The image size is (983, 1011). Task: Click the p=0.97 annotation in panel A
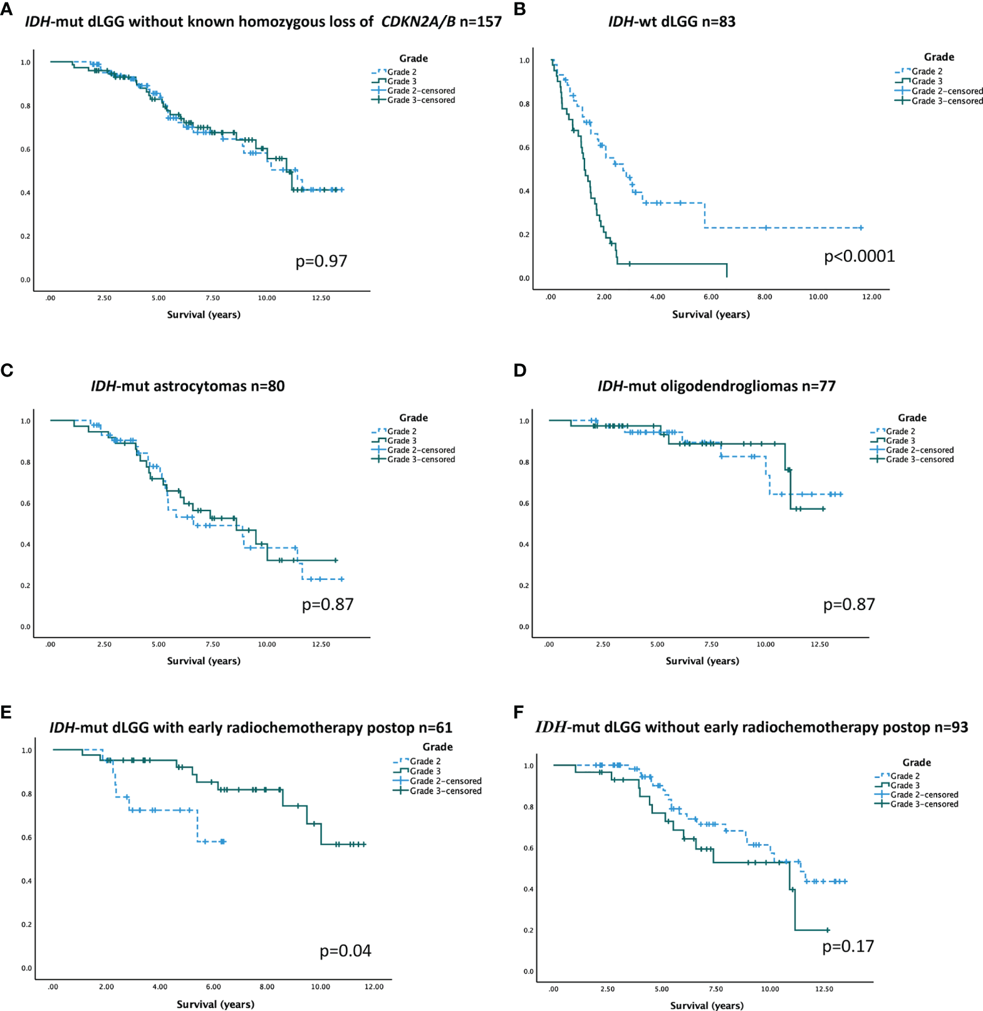point(321,261)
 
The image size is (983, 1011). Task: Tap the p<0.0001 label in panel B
point(859,256)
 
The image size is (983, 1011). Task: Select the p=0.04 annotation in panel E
point(345,951)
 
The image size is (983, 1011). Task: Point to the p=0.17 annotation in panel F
point(848,946)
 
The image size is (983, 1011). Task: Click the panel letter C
point(7,370)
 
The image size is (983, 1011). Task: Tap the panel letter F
point(518,713)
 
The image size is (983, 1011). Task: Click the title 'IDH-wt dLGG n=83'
point(672,22)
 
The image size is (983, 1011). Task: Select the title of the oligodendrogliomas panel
point(716,386)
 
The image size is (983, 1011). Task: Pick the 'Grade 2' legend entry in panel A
point(402,72)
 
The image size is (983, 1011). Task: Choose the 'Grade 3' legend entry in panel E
point(425,771)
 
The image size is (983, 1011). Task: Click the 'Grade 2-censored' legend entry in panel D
point(919,450)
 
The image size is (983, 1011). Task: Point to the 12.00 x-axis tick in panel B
point(871,297)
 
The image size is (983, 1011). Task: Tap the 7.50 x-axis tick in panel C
point(212,644)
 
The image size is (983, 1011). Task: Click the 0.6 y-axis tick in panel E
point(26,837)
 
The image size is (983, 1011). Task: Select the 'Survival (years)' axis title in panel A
point(204,314)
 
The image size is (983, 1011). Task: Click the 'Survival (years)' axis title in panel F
point(707,1005)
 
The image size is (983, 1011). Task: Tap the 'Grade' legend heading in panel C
point(413,418)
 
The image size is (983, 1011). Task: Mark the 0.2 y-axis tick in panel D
point(524,586)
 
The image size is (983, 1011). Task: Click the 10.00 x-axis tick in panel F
point(770,989)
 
